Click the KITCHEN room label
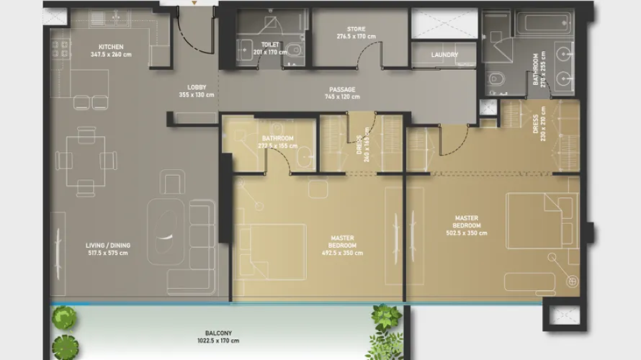(x=111, y=47)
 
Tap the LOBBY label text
(x=197, y=87)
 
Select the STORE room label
(x=356, y=29)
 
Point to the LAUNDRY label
(x=444, y=55)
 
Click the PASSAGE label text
(x=341, y=89)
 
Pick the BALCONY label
(x=218, y=333)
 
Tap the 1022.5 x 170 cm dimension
(x=218, y=341)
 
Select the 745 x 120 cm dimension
(x=341, y=96)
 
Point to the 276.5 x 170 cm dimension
(x=356, y=36)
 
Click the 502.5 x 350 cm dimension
(x=467, y=233)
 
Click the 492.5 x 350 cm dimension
(x=342, y=253)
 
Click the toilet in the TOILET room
(x=294, y=50)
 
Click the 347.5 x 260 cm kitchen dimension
(x=111, y=54)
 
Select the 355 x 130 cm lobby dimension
(x=197, y=94)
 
